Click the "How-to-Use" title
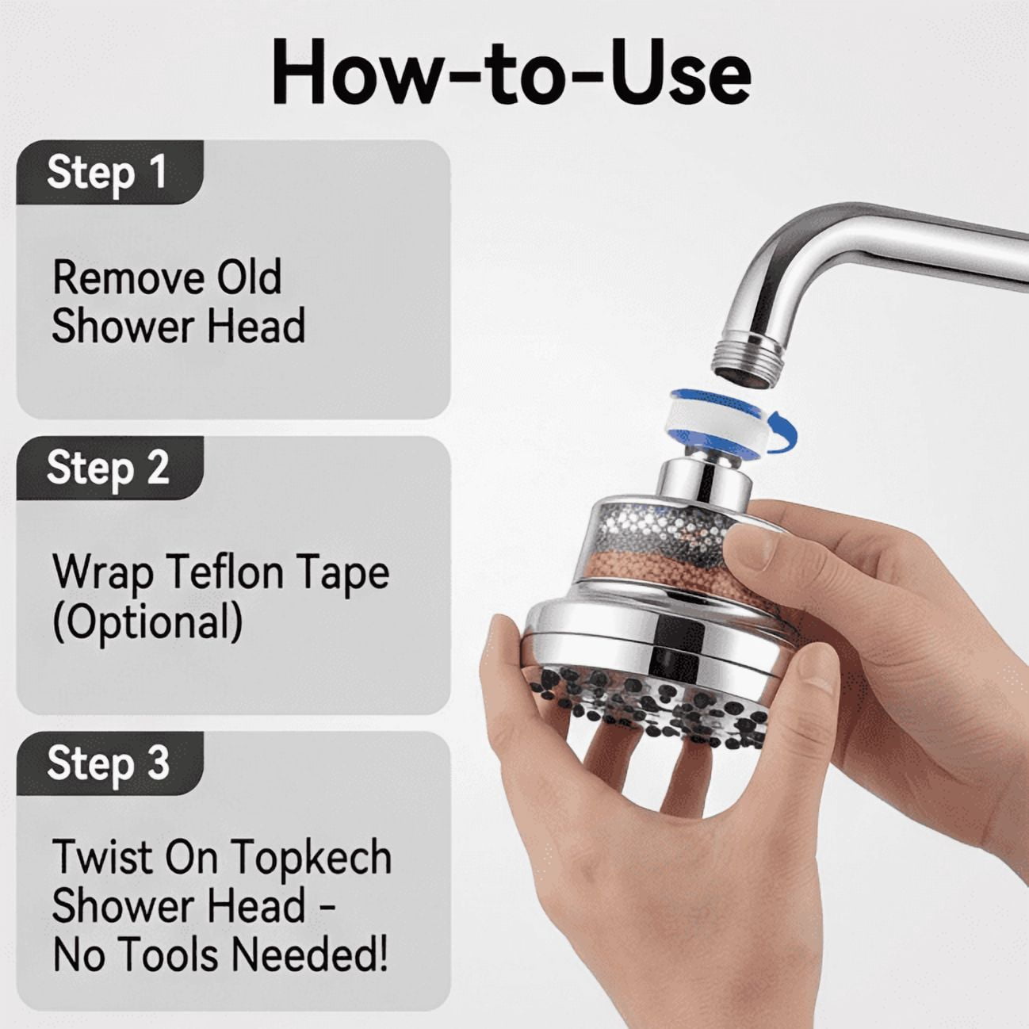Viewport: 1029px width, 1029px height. [x=511, y=71]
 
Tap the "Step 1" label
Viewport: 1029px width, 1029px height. [x=107, y=172]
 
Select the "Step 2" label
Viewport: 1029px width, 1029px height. [x=108, y=469]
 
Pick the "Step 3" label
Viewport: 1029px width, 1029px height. [x=108, y=763]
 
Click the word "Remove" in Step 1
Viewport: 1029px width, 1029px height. [x=127, y=277]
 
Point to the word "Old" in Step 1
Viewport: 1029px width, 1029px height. [x=248, y=277]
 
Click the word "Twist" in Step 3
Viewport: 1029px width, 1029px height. [x=102, y=858]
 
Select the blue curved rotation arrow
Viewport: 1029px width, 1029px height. [x=785, y=433]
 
